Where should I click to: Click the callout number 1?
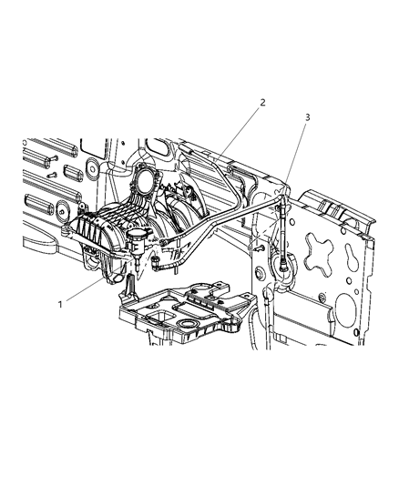click(x=60, y=304)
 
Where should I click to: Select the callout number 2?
click(x=262, y=103)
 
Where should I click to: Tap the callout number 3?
click(x=307, y=117)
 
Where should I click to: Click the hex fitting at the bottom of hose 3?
click(x=282, y=265)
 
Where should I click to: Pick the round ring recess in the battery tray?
click(x=187, y=324)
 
